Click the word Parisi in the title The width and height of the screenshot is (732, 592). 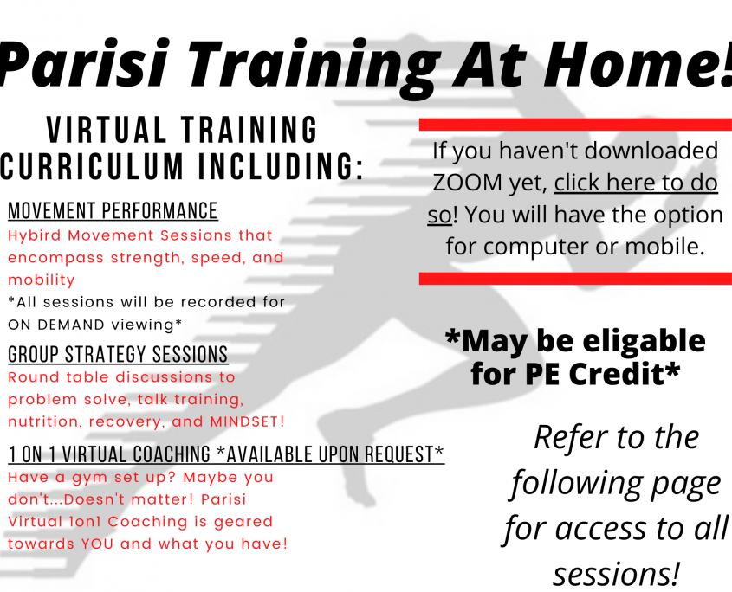point(84,64)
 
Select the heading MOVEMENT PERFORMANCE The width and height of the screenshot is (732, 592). point(113,211)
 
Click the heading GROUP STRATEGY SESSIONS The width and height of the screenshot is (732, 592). point(118,354)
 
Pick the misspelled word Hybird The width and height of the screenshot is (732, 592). point(35,235)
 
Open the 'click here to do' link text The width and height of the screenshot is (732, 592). point(636,183)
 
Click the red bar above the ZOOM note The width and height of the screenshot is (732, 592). point(575,125)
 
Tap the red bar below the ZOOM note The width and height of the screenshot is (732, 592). point(575,279)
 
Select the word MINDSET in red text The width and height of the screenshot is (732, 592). point(244,421)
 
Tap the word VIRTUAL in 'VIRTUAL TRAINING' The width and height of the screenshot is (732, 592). point(107,129)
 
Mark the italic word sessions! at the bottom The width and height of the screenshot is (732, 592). point(616,573)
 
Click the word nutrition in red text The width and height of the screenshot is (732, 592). point(42,421)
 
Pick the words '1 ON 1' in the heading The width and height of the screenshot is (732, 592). point(32,454)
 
